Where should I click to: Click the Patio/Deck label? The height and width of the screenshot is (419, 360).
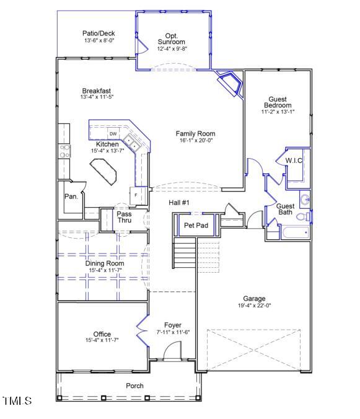coord(99,33)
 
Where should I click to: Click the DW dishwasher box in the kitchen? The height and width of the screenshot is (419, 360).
coord(113,134)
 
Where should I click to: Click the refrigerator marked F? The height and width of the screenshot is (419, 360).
coord(136,195)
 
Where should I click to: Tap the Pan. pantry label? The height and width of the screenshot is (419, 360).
coord(71,196)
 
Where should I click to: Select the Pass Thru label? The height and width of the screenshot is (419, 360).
coord(124,218)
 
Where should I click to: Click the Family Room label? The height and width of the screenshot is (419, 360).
coord(195,133)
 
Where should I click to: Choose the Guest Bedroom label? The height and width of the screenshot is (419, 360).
coord(279,102)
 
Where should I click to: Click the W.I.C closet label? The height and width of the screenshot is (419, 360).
coord(294,161)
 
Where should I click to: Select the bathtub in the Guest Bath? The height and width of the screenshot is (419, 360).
coord(295,234)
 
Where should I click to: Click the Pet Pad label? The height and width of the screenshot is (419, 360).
coord(197,225)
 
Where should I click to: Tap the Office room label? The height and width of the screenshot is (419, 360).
coord(102,334)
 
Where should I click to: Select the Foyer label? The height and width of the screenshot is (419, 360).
coord(172,325)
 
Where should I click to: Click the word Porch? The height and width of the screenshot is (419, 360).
coord(134,386)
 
